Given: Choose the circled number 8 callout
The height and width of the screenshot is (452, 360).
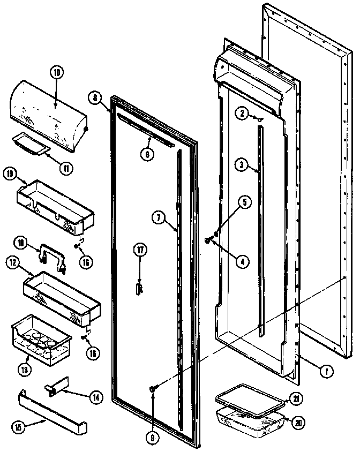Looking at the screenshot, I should pos(95,98).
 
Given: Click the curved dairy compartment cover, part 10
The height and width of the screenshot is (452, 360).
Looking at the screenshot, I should pos(48,112).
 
